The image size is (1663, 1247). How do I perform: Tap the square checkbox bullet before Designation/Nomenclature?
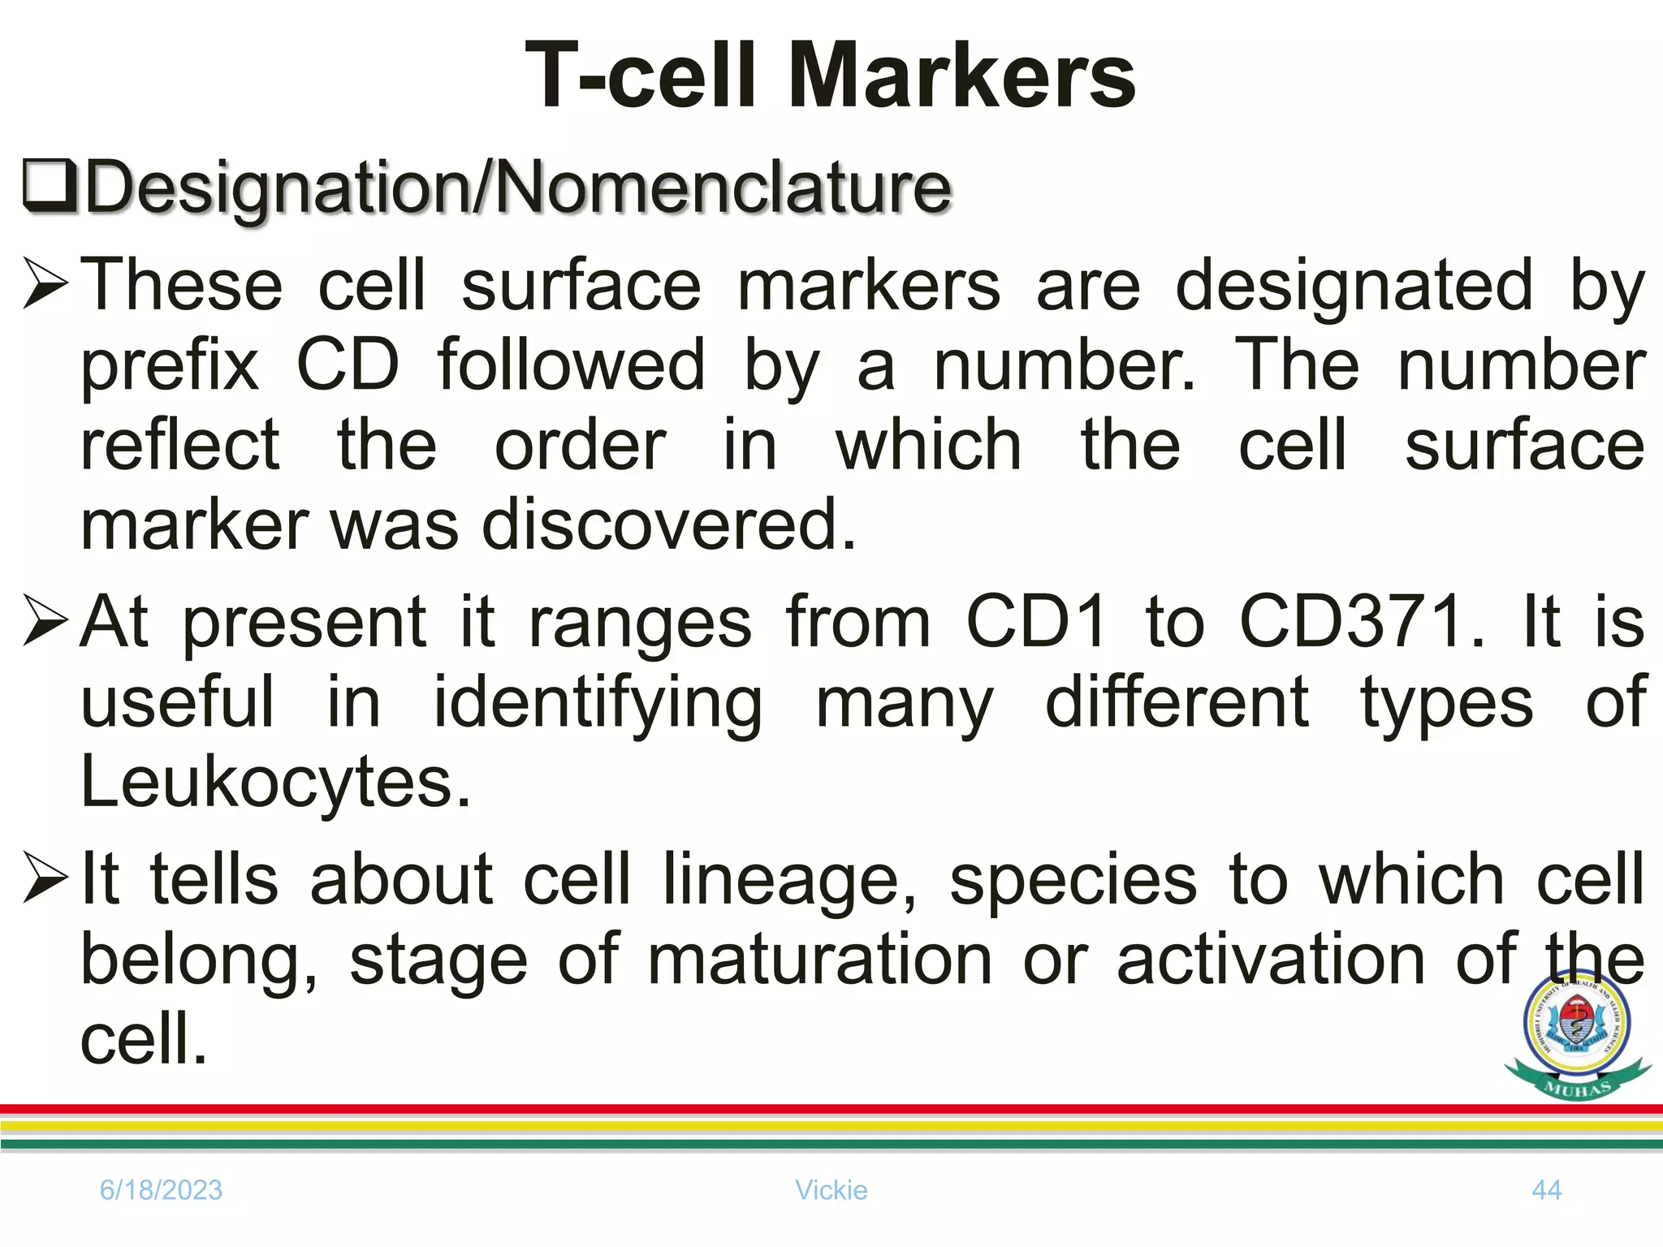coord(50,187)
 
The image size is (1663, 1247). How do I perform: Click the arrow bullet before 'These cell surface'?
coord(45,283)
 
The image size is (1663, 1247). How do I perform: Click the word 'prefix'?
coord(170,366)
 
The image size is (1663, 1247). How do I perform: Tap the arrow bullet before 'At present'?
coord(45,621)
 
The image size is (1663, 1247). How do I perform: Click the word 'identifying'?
coord(598,703)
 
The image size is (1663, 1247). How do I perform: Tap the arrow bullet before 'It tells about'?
coord(45,878)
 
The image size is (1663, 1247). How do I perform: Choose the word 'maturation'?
coord(820,960)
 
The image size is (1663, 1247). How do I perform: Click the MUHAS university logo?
coord(1577,1034)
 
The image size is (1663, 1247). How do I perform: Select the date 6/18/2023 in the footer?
coord(161,1190)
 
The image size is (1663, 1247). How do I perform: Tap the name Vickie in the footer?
coord(831,1190)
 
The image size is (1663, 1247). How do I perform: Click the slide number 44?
coord(1546,1190)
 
